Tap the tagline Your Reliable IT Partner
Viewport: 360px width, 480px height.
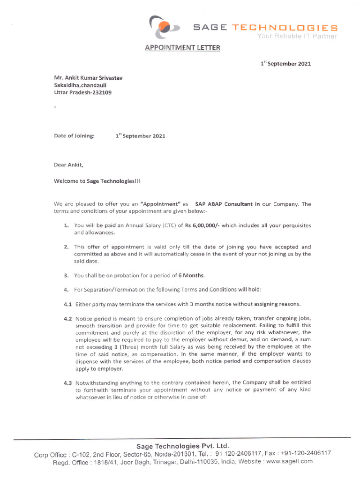(x=297, y=37)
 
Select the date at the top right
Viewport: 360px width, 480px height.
(x=285, y=64)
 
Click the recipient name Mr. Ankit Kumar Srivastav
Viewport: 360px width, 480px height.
(x=88, y=77)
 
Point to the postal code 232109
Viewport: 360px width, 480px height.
(x=102, y=92)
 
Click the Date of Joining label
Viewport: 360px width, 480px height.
(x=74, y=136)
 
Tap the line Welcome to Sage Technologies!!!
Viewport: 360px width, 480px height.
(x=97, y=181)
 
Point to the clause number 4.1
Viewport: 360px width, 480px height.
(x=67, y=304)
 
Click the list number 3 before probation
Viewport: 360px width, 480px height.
(x=67, y=275)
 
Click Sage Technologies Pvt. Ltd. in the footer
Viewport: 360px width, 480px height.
(x=182, y=446)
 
